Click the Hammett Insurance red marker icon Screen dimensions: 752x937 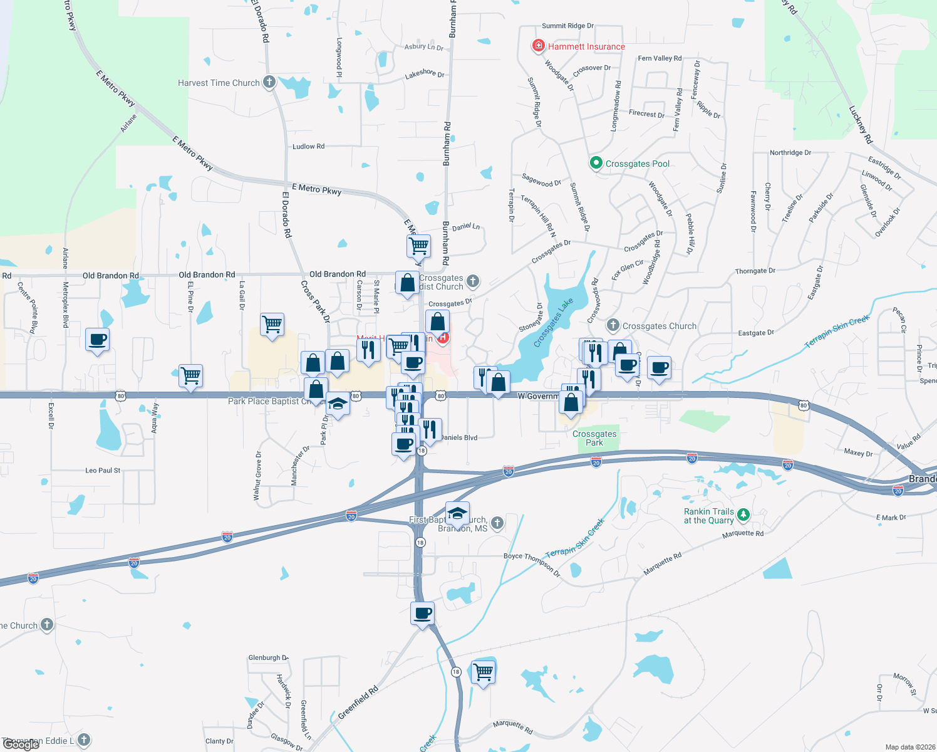pyautogui.click(x=537, y=46)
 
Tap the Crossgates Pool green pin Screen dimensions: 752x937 pyautogui.click(x=596, y=164)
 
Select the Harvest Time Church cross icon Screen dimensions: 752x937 pyautogui.click(x=269, y=82)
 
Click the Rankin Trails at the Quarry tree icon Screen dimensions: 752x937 pyautogui.click(x=743, y=515)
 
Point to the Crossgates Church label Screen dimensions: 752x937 pyautogui.click(x=659, y=326)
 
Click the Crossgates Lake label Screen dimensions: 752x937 pyautogui.click(x=554, y=323)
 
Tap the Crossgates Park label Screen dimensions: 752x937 pyautogui.click(x=594, y=438)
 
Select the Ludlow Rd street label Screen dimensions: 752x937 pyautogui.click(x=308, y=147)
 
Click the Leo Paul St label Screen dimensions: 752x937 pyautogui.click(x=103, y=470)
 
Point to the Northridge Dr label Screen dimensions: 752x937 pyautogui.click(x=790, y=153)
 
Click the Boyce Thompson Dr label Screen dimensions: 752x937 pyautogui.click(x=532, y=563)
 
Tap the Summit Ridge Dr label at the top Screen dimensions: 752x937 pyautogui.click(x=567, y=26)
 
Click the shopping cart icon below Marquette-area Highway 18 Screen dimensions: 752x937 pyautogui.click(x=483, y=672)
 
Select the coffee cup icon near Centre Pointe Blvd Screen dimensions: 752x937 pyautogui.click(x=97, y=340)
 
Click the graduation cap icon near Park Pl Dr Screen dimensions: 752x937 pyautogui.click(x=338, y=404)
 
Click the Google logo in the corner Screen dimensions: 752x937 pyautogui.click(x=20, y=744)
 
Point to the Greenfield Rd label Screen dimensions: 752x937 pyautogui.click(x=358, y=702)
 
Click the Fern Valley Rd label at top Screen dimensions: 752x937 pyautogui.click(x=660, y=58)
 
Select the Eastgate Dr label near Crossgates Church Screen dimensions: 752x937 pyautogui.click(x=755, y=333)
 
